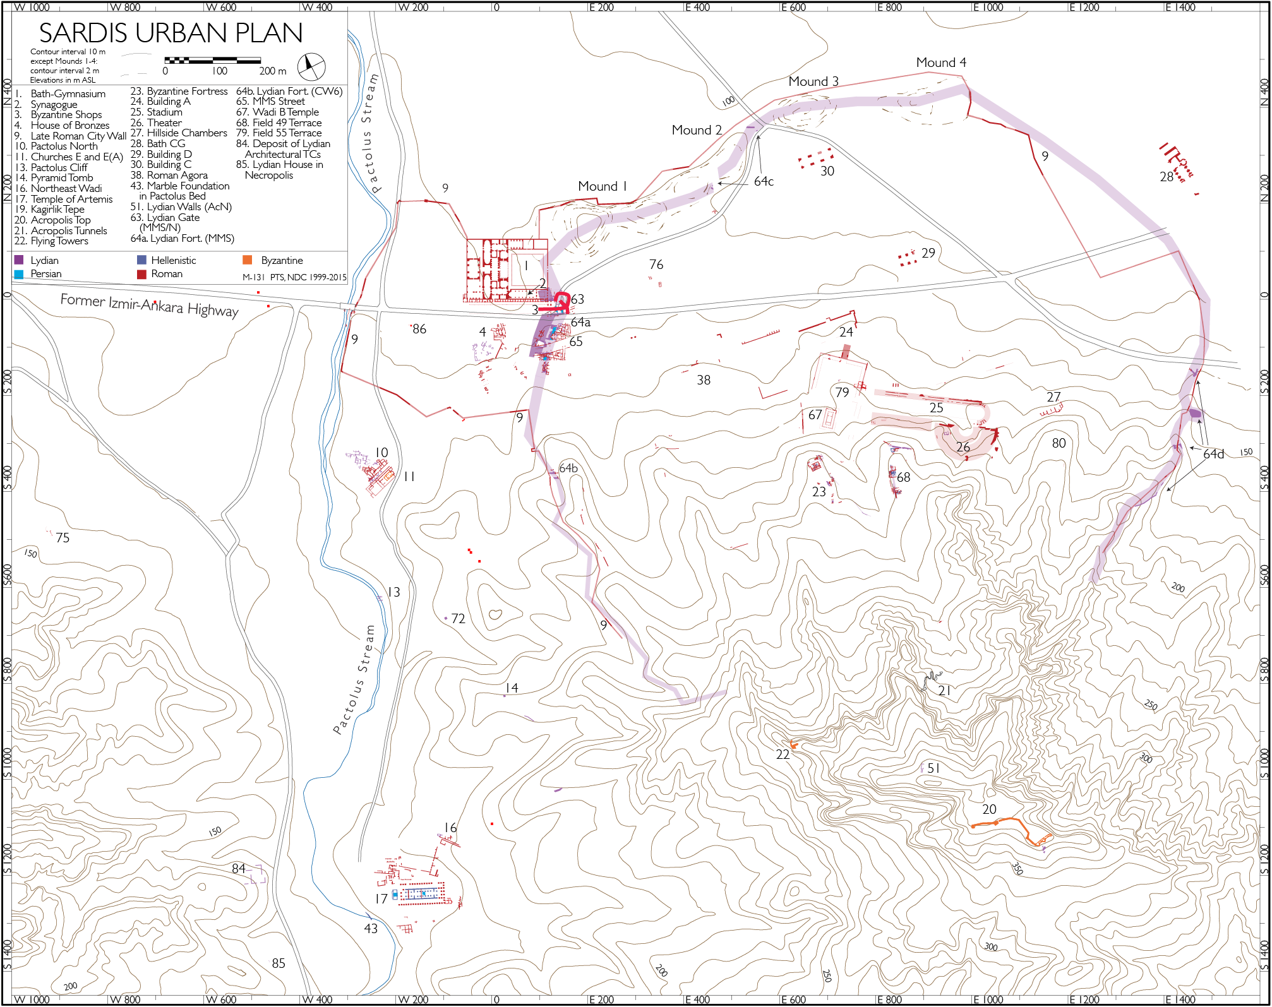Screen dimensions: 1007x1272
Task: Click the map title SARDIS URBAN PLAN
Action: (171, 33)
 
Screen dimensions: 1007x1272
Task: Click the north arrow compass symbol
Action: (311, 66)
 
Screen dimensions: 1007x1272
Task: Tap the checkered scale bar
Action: (212, 61)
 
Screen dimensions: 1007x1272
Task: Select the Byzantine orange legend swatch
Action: (248, 260)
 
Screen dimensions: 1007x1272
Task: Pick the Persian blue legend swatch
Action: (19, 274)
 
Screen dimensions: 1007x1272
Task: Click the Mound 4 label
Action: (940, 63)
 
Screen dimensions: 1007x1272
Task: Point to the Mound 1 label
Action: (602, 186)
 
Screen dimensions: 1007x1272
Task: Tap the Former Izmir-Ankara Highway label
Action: (149, 305)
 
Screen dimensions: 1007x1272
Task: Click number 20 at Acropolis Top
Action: (989, 809)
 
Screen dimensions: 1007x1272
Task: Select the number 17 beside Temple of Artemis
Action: (381, 898)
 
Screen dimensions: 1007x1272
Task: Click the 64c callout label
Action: (764, 182)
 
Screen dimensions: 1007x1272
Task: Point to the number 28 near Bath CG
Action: (1167, 177)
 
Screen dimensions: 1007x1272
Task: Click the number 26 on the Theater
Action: (963, 447)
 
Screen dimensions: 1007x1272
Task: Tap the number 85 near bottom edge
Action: (279, 963)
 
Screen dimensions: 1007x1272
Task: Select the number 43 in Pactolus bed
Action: (371, 929)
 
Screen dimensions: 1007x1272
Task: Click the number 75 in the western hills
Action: (63, 538)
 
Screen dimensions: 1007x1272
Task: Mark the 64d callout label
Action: (1213, 454)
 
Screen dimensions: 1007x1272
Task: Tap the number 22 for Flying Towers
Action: (783, 754)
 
